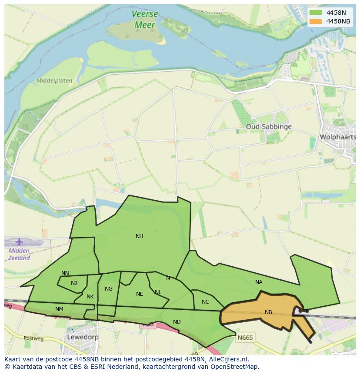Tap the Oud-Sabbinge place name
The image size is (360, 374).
(x=268, y=127)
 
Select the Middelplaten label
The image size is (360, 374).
(x=54, y=81)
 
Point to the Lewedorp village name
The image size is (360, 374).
(x=83, y=337)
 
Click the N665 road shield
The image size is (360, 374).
(x=245, y=337)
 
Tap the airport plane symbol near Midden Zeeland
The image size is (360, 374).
(x=19, y=242)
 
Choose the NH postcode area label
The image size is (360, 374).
(x=139, y=236)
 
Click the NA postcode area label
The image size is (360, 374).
(x=259, y=282)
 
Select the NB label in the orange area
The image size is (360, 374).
(x=268, y=312)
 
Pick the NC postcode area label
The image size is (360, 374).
(x=206, y=302)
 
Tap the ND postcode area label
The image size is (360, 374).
(x=177, y=322)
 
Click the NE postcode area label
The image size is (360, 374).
(x=140, y=294)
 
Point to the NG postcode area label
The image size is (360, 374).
(x=109, y=289)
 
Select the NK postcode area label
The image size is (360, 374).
(x=90, y=297)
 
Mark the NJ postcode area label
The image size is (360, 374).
(x=74, y=283)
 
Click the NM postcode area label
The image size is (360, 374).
(x=59, y=309)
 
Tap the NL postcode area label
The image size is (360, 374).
(x=158, y=292)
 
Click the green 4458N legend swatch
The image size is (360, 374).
(x=316, y=13)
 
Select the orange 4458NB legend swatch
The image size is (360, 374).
(x=316, y=21)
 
